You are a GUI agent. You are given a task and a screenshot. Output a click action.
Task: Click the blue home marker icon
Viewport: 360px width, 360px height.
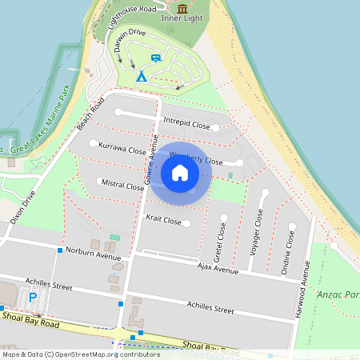(180, 172)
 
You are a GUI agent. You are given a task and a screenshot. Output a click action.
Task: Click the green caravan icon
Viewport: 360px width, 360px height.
(156, 57)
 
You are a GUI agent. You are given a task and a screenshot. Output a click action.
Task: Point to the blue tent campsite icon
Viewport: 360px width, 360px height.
(142, 76)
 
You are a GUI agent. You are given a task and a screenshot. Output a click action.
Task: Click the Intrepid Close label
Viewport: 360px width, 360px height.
(186, 125)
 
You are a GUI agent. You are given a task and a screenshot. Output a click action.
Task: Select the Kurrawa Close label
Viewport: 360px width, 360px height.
(122, 149)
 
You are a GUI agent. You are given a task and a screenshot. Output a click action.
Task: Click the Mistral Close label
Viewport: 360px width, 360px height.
(123, 184)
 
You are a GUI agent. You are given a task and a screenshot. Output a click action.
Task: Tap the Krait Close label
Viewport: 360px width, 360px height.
(163, 218)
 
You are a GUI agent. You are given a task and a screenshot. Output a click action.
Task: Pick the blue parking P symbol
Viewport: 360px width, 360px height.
(33, 298)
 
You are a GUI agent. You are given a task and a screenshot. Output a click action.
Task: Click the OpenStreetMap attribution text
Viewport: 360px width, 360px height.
(80, 354)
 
